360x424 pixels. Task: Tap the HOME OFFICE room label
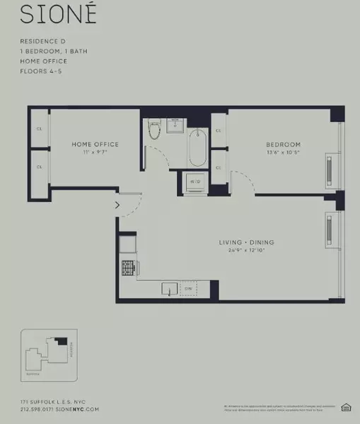(x=95, y=144)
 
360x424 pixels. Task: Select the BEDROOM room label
(x=283, y=144)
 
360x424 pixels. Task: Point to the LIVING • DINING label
(x=246, y=242)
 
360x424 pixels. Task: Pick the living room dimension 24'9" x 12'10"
(x=246, y=250)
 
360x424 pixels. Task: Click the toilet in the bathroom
(x=155, y=130)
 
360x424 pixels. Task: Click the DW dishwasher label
(x=189, y=288)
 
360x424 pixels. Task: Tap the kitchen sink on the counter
(x=169, y=289)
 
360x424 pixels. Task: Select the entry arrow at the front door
(x=117, y=206)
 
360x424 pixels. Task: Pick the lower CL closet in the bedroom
(x=218, y=167)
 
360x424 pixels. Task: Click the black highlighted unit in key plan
(x=62, y=341)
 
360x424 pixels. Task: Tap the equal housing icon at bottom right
(x=347, y=406)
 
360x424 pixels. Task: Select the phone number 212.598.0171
(x=40, y=409)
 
